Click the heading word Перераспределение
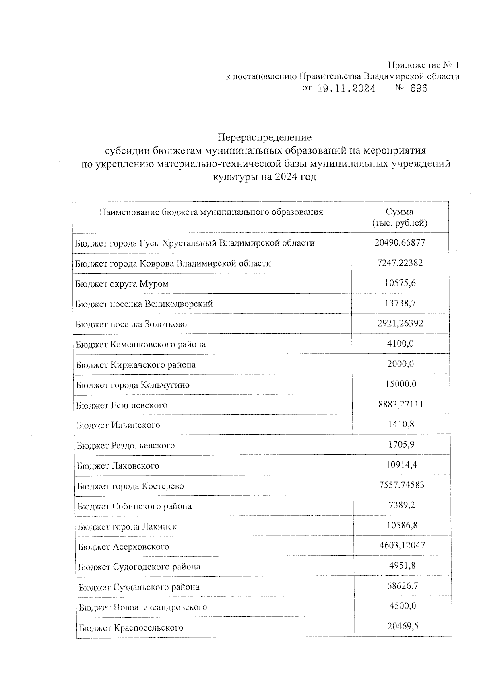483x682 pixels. pyautogui.click(x=264, y=137)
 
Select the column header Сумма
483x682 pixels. pyautogui.click(x=399, y=212)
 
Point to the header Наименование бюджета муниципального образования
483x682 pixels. pyautogui.click(x=211, y=212)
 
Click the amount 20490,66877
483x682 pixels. pyautogui.click(x=399, y=242)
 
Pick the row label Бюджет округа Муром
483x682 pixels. pyautogui.click(x=122, y=283)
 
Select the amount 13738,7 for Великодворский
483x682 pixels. pyautogui.click(x=400, y=303)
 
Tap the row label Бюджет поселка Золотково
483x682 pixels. pyautogui.click(x=131, y=324)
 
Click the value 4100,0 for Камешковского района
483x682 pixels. pyautogui.click(x=400, y=343)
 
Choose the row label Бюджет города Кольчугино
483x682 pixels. pyautogui.click(x=133, y=385)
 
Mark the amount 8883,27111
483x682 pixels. pyautogui.click(x=400, y=404)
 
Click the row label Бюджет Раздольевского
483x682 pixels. pyautogui.click(x=126, y=446)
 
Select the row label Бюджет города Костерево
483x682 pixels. pyautogui.click(x=130, y=486)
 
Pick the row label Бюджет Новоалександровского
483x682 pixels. pyautogui.click(x=143, y=607)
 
